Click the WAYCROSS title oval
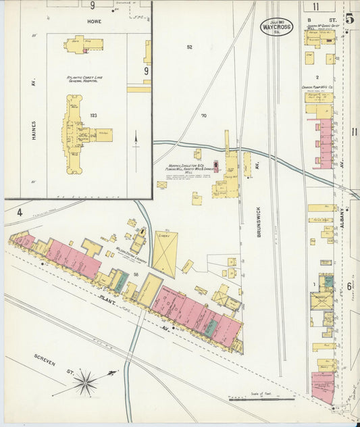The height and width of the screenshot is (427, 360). coord(276,27)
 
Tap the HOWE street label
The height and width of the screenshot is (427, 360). coord(94,22)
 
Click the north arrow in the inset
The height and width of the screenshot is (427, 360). coord(136,143)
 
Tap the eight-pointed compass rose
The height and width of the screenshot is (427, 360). coord(86,383)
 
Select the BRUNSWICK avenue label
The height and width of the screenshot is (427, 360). coord(259,220)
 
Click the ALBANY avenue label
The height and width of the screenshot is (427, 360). coord(342,217)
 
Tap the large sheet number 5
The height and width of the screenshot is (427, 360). coord(349,18)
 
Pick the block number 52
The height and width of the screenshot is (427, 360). coord(190,47)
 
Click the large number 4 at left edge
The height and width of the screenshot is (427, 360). coord(20,213)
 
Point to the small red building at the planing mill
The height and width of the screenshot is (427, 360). coord(216,166)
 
